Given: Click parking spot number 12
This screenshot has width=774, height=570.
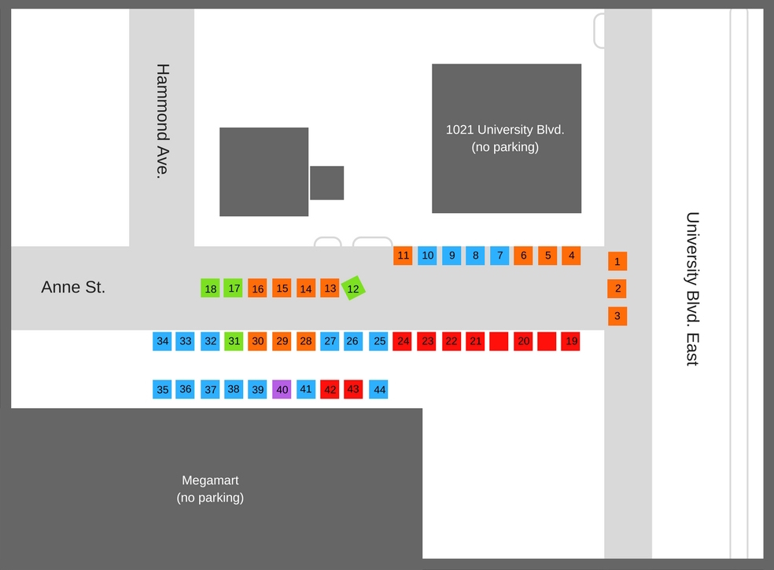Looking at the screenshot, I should pyautogui.click(x=353, y=289).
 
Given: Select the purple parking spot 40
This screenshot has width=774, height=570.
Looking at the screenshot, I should pyautogui.click(x=282, y=389).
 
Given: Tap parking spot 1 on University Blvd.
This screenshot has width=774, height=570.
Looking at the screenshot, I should pyautogui.click(x=617, y=261).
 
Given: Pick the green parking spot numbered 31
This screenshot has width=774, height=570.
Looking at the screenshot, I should pyautogui.click(x=234, y=341).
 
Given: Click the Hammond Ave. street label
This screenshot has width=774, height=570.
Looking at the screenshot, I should pyautogui.click(x=163, y=121).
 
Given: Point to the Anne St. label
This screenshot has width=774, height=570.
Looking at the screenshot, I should pyautogui.click(x=73, y=288).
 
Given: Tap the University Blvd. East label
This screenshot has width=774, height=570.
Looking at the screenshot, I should pyautogui.click(x=692, y=289).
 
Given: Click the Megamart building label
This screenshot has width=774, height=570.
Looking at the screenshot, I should pyautogui.click(x=210, y=488).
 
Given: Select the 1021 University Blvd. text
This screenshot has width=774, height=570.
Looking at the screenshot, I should pyautogui.click(x=505, y=138).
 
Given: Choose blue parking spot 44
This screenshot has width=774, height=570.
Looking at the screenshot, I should pyautogui.click(x=378, y=389).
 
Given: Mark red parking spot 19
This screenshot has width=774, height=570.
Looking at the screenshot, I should pyautogui.click(x=570, y=341).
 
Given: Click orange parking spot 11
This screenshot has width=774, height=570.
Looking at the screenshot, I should pyautogui.click(x=403, y=256).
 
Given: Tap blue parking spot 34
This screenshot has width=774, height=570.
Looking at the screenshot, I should pyautogui.click(x=163, y=341).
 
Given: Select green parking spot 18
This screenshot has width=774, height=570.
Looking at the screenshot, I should pyautogui.click(x=210, y=289).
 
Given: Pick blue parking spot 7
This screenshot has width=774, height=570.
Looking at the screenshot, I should pyautogui.click(x=499, y=256).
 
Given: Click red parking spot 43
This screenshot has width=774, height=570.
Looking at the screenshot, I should pyautogui.click(x=353, y=389).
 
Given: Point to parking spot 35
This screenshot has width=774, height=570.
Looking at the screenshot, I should pyautogui.click(x=163, y=389).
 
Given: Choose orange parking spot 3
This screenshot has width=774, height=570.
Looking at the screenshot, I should pyautogui.click(x=617, y=316).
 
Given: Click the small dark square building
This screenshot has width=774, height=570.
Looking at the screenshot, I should pyautogui.click(x=326, y=183).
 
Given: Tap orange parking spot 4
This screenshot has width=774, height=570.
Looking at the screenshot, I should pyautogui.click(x=571, y=256).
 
